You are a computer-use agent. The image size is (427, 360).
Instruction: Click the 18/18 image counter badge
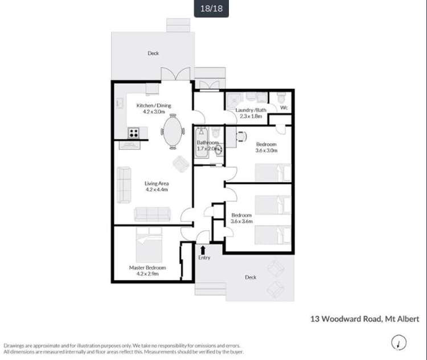click(x=211, y=9)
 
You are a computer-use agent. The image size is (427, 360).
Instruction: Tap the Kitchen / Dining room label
click(x=154, y=105)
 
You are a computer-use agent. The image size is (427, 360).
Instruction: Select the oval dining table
click(x=173, y=131)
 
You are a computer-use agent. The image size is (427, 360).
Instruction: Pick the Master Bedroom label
click(x=147, y=267)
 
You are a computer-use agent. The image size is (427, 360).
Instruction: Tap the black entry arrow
click(x=203, y=249)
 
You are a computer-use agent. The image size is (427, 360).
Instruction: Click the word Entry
click(x=204, y=257)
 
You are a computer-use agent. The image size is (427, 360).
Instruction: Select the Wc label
click(x=284, y=107)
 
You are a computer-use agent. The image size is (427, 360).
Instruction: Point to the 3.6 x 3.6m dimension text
click(x=241, y=222)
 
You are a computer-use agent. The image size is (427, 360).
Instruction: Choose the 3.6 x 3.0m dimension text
click(x=266, y=151)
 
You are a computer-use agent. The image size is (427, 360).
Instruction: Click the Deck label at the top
click(x=153, y=53)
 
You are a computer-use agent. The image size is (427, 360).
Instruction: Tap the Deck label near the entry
click(x=251, y=277)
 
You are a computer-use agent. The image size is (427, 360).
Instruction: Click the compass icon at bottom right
click(x=399, y=342)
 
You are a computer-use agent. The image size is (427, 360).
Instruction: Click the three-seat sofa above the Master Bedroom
click(x=151, y=214)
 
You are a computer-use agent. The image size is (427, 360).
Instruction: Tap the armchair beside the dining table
click(x=180, y=163)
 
